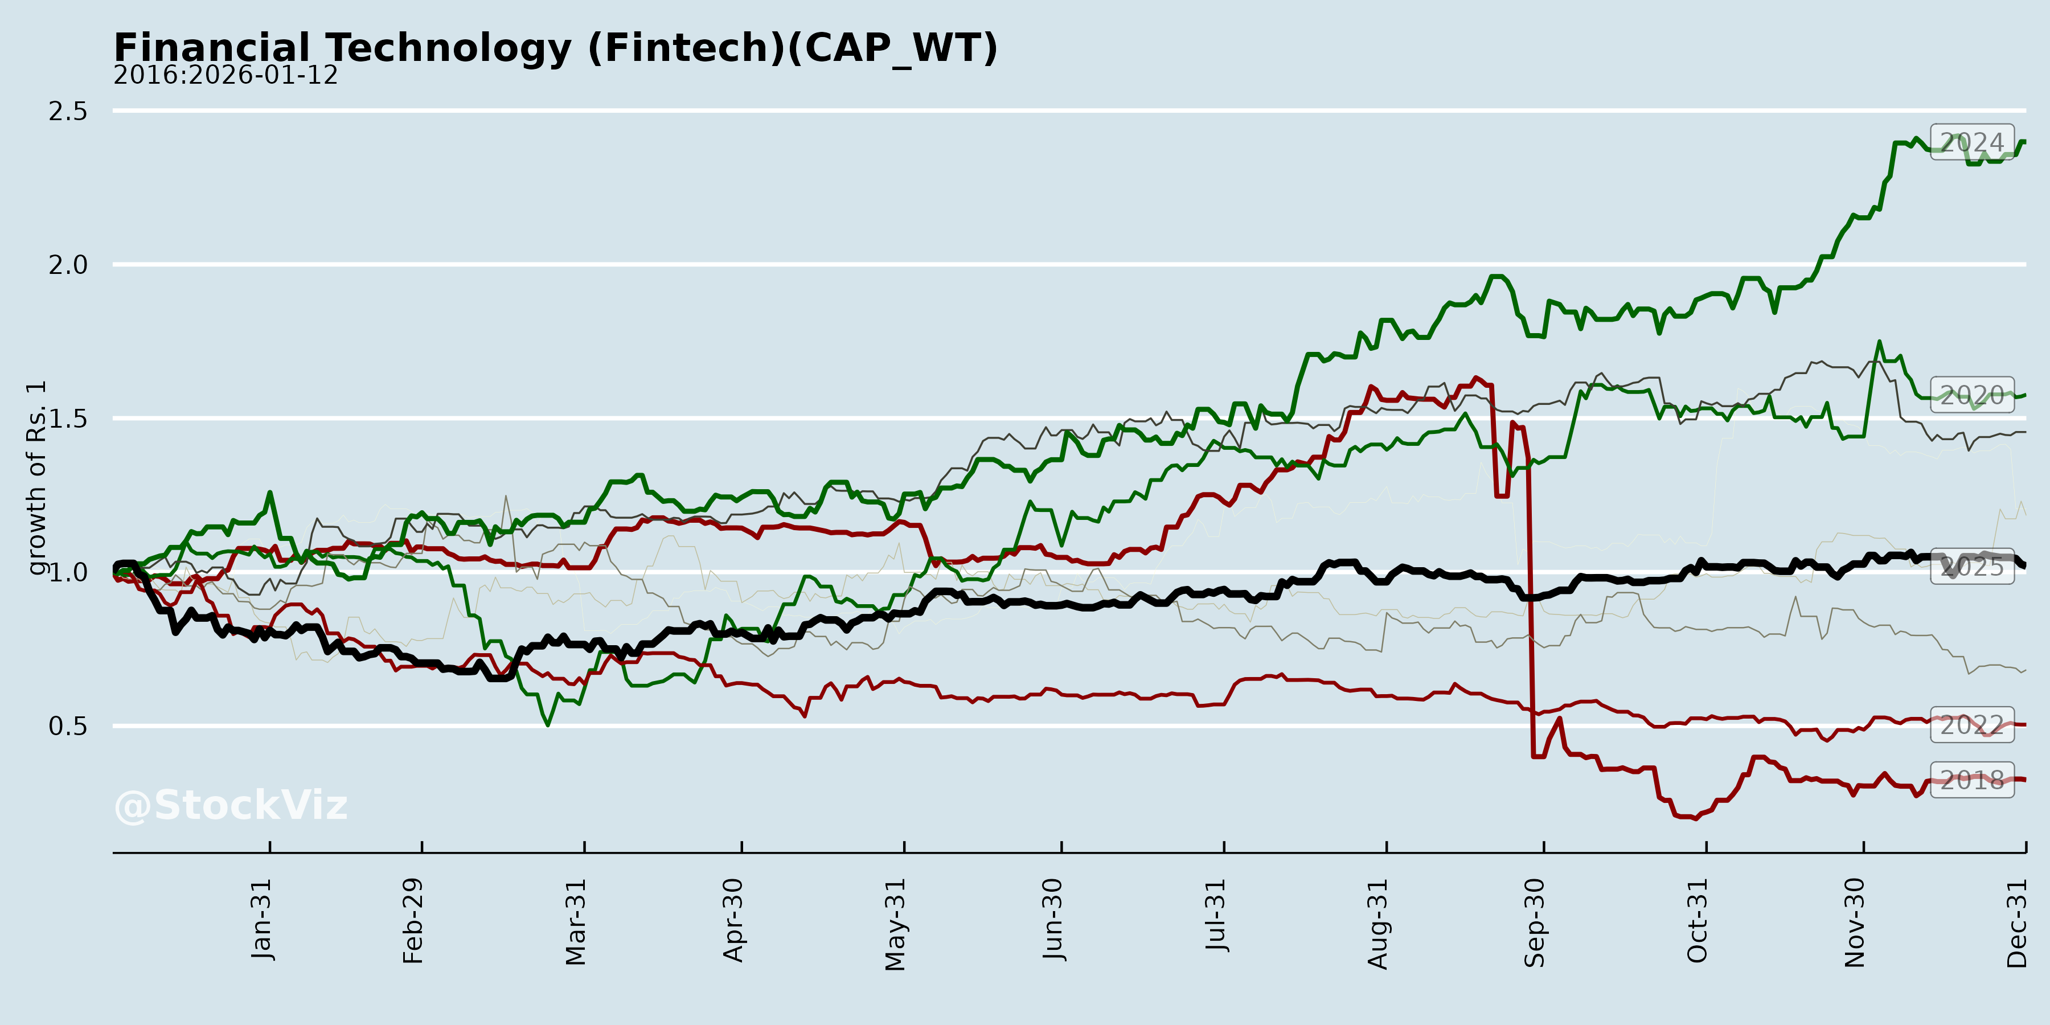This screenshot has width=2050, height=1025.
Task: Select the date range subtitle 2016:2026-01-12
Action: tap(225, 76)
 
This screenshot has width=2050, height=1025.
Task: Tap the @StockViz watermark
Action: tap(231, 805)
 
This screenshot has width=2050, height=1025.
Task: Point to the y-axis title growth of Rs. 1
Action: tap(36, 478)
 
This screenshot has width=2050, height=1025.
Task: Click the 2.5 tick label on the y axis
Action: tap(68, 112)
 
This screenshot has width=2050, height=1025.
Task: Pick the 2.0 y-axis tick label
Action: tap(68, 265)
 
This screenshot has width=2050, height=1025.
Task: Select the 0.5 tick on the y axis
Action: tap(68, 726)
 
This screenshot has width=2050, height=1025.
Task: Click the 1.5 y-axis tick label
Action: tap(68, 419)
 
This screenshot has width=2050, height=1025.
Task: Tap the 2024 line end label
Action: tap(1972, 142)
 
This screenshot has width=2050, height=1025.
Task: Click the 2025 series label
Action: tap(1972, 567)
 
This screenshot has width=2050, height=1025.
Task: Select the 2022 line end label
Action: tap(1972, 725)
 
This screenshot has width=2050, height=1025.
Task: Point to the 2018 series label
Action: tap(1972, 779)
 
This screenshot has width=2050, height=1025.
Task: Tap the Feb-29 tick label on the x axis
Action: tap(413, 921)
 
